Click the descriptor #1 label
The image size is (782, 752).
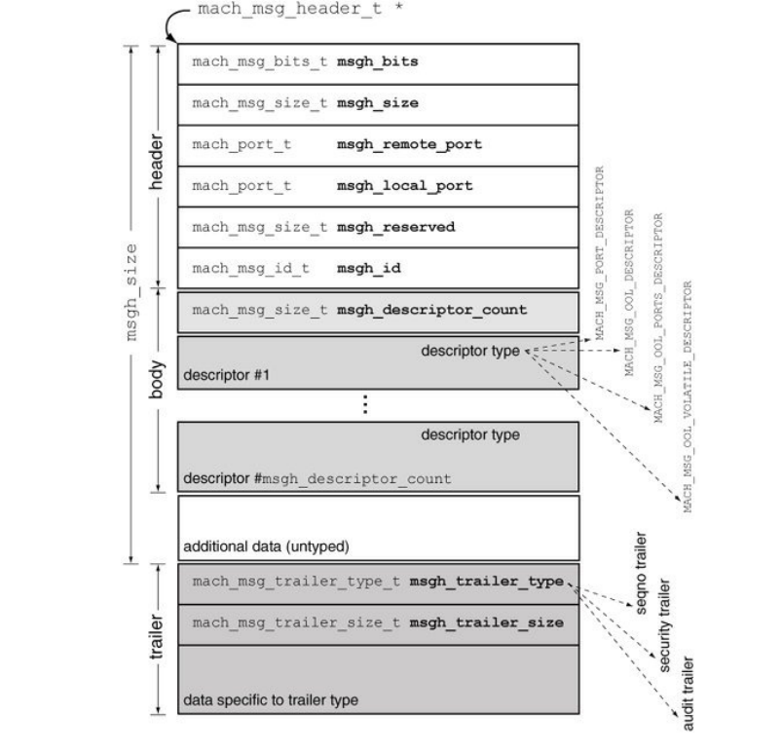[221, 375]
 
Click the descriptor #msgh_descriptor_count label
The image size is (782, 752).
[317, 479]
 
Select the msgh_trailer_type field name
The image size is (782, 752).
[486, 581]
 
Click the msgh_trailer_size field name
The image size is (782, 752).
[486, 621]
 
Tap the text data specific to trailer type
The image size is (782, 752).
[271, 699]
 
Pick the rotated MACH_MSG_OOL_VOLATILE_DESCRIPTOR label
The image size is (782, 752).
[690, 397]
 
